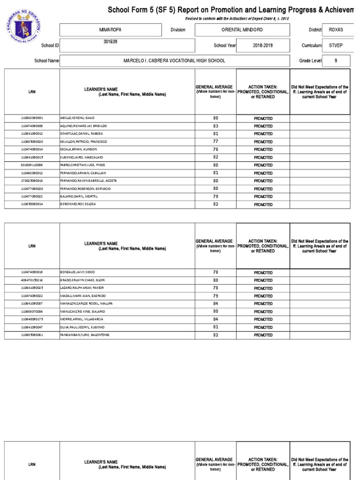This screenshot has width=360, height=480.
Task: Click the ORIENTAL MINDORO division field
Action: pyautogui.click(x=242, y=30)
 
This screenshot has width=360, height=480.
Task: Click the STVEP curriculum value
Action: pyautogui.click(x=336, y=45)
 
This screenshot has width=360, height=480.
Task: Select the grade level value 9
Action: pyautogui.click(x=335, y=61)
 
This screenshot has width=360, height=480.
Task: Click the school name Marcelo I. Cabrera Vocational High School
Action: pyautogui.click(x=174, y=61)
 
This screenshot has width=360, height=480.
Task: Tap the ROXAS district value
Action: pyautogui.click(x=336, y=30)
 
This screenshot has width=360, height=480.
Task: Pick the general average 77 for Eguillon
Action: pyautogui.click(x=216, y=141)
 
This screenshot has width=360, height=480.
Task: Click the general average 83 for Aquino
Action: pyautogui.click(x=216, y=126)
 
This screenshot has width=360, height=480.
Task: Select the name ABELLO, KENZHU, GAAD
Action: pyautogui.click(x=77, y=118)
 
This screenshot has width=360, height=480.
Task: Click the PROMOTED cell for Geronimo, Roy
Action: pyautogui.click(x=263, y=205)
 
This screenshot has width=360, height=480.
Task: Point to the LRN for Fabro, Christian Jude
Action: pyautogui.click(x=32, y=165)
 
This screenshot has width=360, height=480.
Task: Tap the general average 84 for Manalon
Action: pyautogui.click(x=216, y=303)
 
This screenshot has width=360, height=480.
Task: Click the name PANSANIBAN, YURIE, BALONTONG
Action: pyautogui.click(x=84, y=335)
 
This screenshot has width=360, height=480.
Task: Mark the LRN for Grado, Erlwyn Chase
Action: pyautogui.click(x=32, y=280)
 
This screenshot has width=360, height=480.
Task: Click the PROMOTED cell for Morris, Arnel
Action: pyautogui.click(x=263, y=320)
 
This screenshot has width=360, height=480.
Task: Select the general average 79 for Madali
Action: pyautogui.click(x=216, y=296)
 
